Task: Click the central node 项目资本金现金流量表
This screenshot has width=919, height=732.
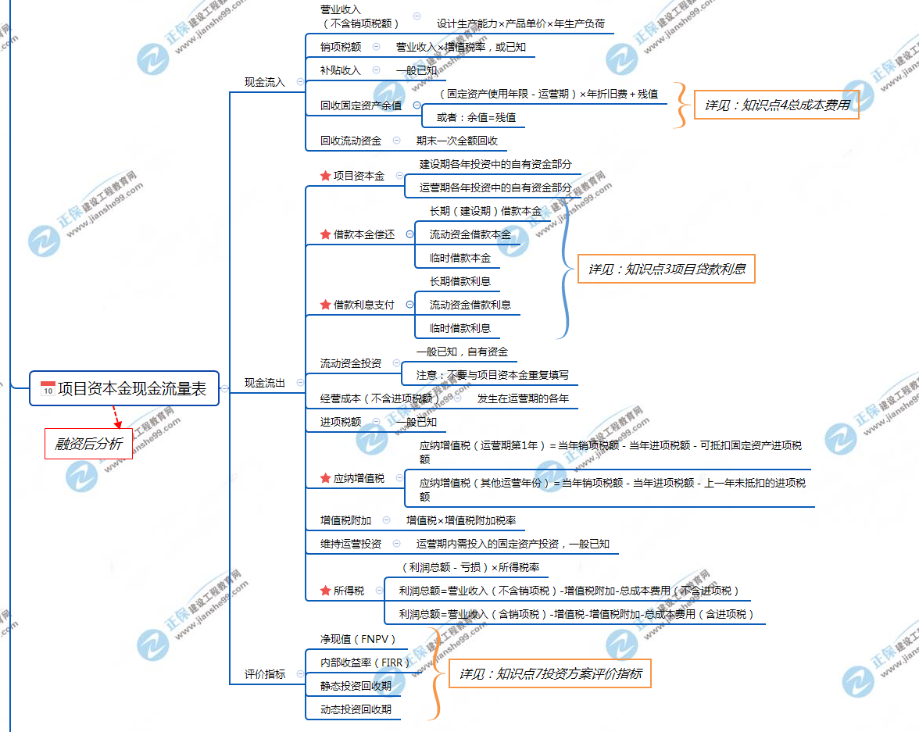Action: [124, 388]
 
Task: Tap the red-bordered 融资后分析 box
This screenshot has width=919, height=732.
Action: [88, 444]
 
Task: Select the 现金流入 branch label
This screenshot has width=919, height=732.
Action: [265, 82]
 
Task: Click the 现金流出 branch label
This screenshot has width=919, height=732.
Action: [265, 383]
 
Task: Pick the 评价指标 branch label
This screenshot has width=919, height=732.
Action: [265, 674]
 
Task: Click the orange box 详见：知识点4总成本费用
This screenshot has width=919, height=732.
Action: [777, 104]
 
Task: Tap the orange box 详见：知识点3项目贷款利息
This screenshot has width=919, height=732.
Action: [667, 270]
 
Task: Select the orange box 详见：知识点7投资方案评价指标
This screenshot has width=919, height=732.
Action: [550, 673]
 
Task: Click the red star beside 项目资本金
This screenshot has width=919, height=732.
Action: [325, 177]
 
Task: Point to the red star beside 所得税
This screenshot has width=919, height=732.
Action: [325, 591]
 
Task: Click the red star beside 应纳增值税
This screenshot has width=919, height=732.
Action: [325, 478]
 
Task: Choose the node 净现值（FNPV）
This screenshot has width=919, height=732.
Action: [358, 639]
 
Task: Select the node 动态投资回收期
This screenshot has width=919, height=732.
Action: [356, 709]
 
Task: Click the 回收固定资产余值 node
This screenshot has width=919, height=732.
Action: [361, 105]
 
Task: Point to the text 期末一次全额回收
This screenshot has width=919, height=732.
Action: [457, 141]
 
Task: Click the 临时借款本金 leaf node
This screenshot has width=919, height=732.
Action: [460, 258]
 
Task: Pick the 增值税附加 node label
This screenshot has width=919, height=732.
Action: [346, 520]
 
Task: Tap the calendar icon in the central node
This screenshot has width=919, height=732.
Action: [48, 389]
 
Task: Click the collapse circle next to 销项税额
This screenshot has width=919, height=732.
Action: [376, 47]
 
